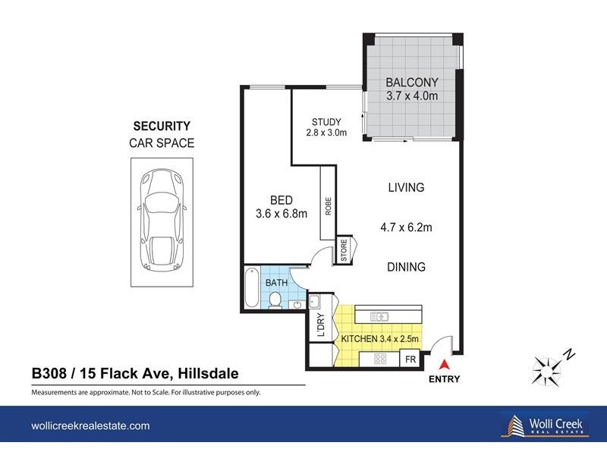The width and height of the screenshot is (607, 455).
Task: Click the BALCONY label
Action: [411, 82]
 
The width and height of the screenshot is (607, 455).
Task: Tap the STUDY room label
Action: [327, 121]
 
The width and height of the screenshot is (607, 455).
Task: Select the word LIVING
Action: [405, 187]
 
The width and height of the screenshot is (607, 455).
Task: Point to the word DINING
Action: [405, 267]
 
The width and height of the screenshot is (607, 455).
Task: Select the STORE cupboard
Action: [344, 249]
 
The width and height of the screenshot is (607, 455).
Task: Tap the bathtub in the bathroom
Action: [251, 288]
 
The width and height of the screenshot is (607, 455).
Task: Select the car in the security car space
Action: [161, 220]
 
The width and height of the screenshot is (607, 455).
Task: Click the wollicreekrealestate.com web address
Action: [90, 426]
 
